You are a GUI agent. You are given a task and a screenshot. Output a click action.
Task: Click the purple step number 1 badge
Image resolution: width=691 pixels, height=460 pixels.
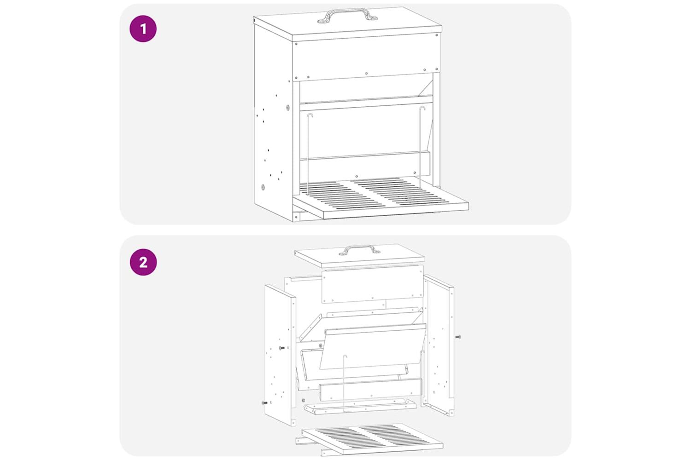tap(143, 29)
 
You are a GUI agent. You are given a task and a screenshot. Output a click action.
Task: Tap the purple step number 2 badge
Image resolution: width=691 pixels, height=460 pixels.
tap(143, 262)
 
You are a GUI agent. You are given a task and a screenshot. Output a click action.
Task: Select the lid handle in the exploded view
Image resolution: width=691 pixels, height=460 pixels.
tap(359, 250)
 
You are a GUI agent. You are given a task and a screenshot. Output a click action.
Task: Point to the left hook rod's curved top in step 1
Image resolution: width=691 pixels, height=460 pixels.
tap(310, 115)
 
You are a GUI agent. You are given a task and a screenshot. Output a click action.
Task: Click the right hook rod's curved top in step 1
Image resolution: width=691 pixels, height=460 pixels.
tap(422, 108)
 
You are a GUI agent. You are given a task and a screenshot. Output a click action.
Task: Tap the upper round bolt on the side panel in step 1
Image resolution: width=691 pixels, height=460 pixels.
tap(288, 107)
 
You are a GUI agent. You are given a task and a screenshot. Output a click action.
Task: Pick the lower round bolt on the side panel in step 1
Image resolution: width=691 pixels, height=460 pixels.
tap(263, 187)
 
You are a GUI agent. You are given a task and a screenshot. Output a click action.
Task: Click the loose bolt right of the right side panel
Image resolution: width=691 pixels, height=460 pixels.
tap(458, 337)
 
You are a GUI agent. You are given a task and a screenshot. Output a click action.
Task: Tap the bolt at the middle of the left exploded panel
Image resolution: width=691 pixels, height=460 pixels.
tap(281, 348)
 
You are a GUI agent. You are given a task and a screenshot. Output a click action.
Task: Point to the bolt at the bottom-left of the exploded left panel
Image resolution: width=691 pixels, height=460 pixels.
tap(264, 402)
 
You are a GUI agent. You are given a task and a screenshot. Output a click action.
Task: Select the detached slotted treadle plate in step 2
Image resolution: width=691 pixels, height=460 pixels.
tap(372, 439)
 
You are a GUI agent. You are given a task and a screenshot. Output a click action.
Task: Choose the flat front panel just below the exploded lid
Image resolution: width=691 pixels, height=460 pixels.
tap(373, 284)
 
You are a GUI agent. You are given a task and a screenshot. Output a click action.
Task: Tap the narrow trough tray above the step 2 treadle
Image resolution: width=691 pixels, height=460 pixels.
tap(360, 407)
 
